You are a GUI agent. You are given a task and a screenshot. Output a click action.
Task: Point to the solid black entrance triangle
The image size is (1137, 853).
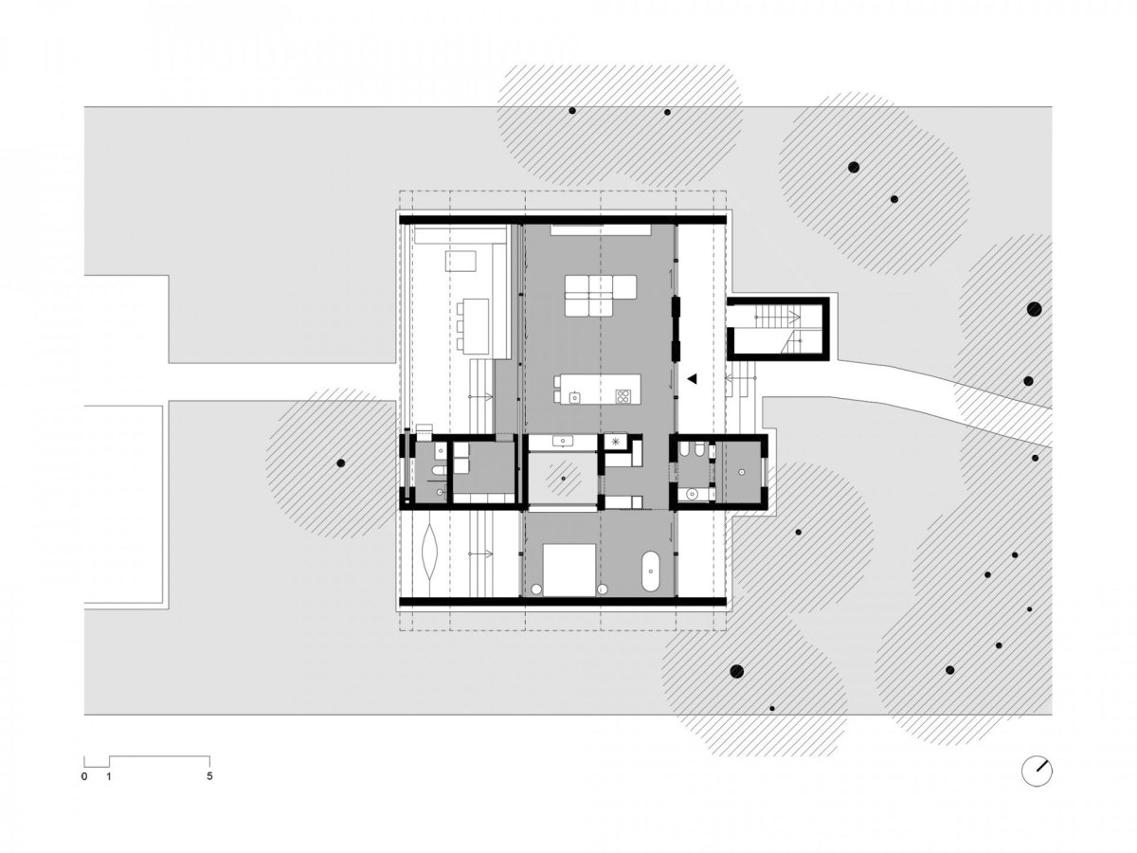692,378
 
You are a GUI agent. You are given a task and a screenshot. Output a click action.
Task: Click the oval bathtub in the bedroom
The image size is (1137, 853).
650,572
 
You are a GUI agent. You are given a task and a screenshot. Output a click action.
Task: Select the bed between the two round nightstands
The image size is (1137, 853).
568,570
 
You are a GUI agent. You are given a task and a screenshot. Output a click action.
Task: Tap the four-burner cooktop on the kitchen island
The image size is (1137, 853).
623,396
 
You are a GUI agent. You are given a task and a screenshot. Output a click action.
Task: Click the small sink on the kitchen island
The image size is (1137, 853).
574,397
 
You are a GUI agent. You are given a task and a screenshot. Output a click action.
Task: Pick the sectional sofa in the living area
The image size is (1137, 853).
600,295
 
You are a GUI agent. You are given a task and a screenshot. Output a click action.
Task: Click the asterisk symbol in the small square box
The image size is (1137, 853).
615,442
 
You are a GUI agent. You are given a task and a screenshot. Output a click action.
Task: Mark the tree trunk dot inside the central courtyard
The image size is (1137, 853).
564,479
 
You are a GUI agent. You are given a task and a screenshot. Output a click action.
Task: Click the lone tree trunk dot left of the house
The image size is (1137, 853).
341,463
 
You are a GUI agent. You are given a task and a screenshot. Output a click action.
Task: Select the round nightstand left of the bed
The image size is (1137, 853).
536,589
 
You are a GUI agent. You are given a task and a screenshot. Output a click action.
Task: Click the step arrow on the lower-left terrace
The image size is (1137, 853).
479,554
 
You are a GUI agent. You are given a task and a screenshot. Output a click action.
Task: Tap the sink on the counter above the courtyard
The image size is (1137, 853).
563,441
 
